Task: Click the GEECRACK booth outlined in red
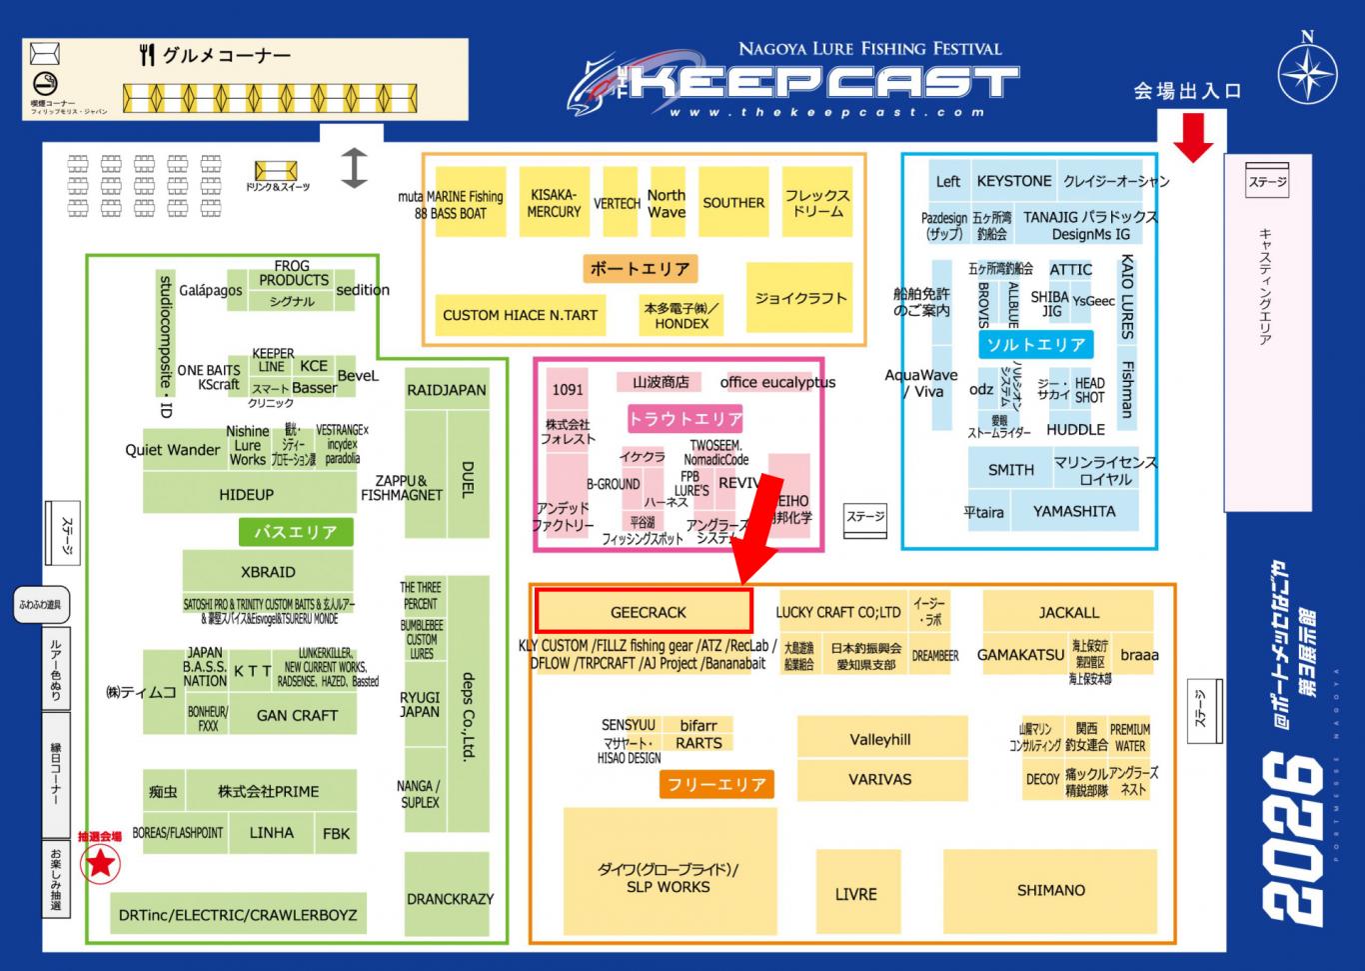click(644, 611)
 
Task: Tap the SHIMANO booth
click(1050, 890)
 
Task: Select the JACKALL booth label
click(1068, 612)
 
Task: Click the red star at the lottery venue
click(100, 862)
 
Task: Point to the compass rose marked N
click(1308, 76)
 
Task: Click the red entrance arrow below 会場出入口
click(1192, 137)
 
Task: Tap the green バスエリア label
click(296, 532)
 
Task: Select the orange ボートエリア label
click(640, 268)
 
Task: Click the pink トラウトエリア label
click(685, 419)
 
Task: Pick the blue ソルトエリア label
click(1035, 344)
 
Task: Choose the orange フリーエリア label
click(716, 784)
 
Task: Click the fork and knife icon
click(148, 55)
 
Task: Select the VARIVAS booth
click(880, 779)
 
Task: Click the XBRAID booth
click(268, 572)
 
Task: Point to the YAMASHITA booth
click(1074, 511)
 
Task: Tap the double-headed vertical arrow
click(354, 168)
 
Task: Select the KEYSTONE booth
click(1013, 181)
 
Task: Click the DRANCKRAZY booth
click(450, 898)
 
